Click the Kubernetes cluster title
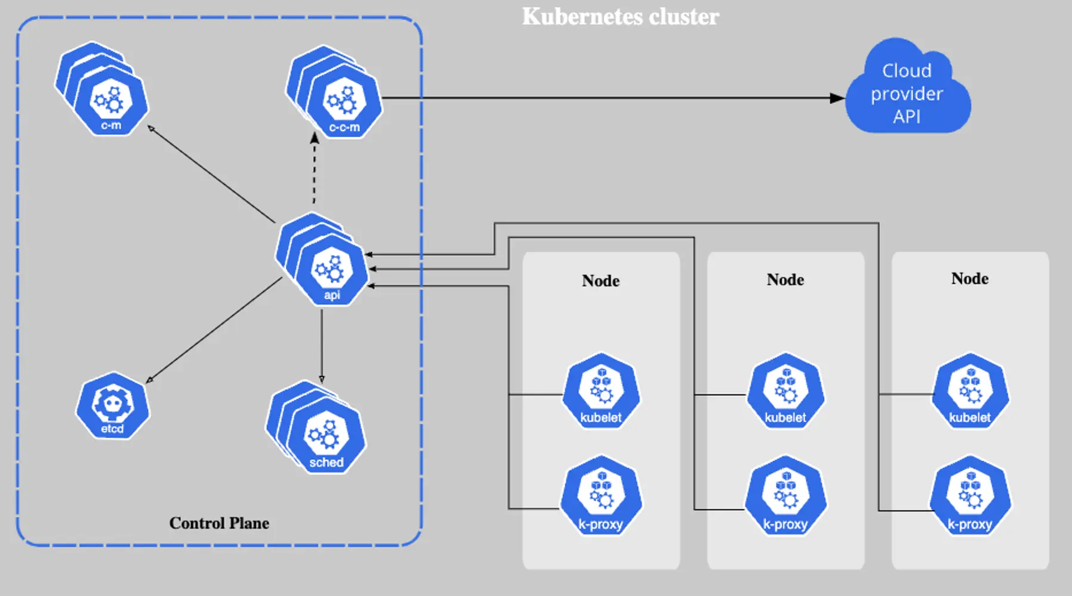(x=620, y=17)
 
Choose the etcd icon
(x=112, y=406)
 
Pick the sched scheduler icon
(x=326, y=439)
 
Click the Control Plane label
(x=219, y=523)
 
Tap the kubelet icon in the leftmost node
(x=601, y=392)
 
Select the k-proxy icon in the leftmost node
(x=601, y=496)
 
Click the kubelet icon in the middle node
(x=786, y=392)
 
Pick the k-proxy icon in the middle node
(x=786, y=496)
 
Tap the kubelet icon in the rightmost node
(x=970, y=392)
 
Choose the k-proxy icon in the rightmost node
(x=970, y=496)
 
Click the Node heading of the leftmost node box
(x=600, y=281)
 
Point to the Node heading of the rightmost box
(x=970, y=279)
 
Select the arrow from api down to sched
(x=322, y=346)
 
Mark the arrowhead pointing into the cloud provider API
(x=837, y=98)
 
